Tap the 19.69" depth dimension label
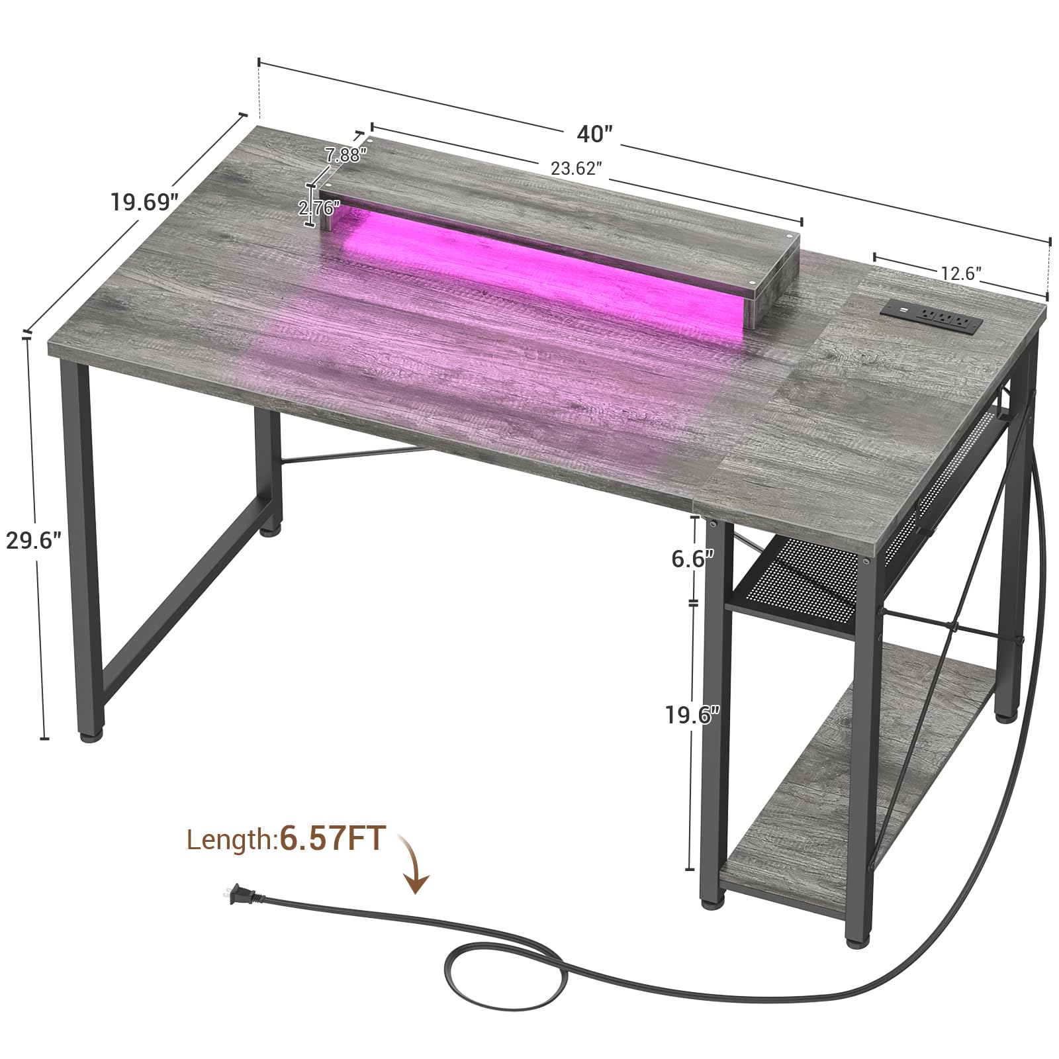[144, 201]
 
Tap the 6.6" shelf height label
[693, 559]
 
